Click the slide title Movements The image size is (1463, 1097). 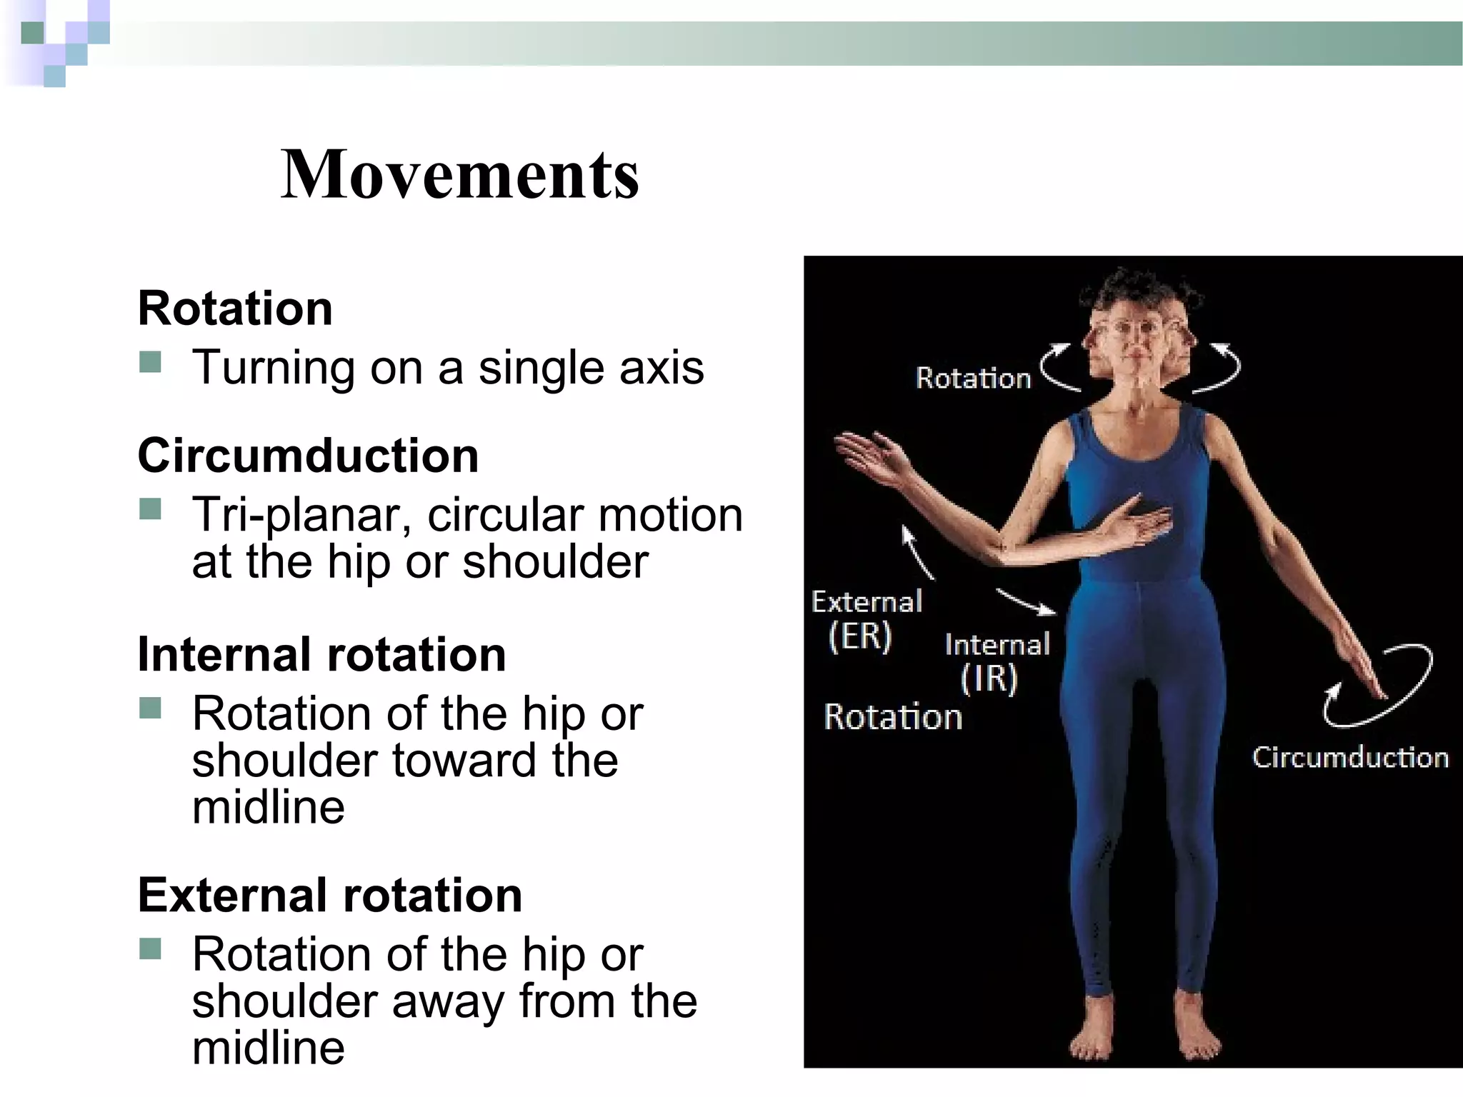click(460, 174)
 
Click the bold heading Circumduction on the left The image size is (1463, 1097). click(308, 455)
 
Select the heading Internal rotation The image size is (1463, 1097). click(321, 654)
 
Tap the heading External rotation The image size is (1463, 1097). click(330, 895)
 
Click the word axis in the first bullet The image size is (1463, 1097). click(661, 368)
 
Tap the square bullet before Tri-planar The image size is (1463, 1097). click(151, 510)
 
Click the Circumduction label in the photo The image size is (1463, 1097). click(1349, 757)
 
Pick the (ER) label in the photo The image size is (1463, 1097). click(860, 636)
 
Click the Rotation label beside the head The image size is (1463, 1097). click(973, 378)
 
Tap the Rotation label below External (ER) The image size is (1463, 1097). click(893, 716)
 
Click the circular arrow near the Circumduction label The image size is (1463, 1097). click(1379, 686)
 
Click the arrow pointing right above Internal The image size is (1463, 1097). click(1027, 601)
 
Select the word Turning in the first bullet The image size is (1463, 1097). click(271, 368)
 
